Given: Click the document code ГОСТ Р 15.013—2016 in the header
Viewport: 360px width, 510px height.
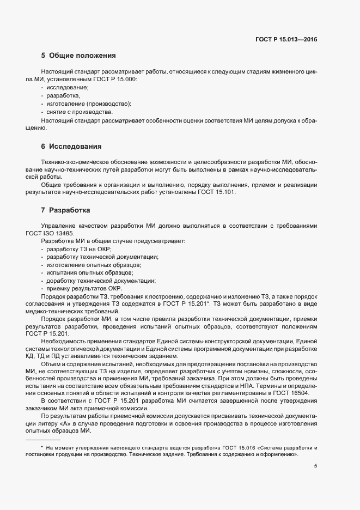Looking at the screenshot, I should (286, 39).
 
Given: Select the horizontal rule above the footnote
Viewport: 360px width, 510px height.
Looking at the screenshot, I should (43, 439).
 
